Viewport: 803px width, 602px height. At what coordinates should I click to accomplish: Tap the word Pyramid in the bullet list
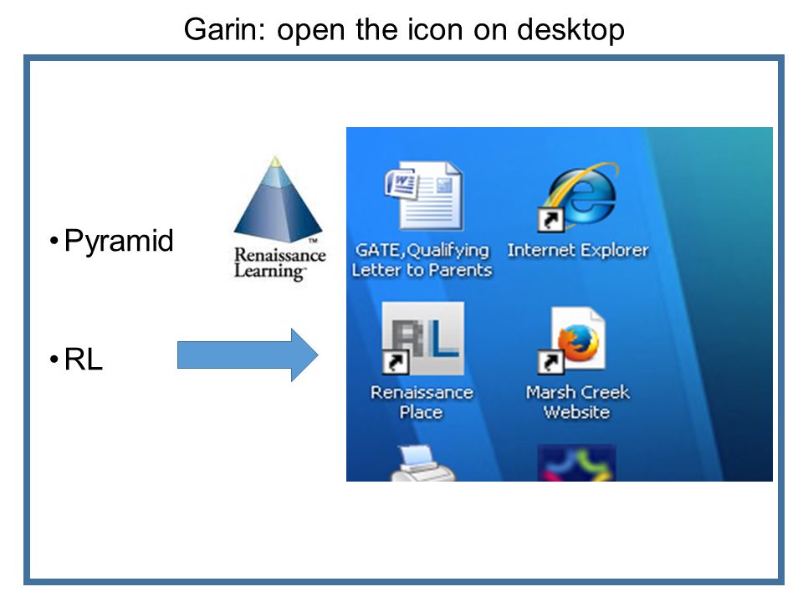[x=119, y=242]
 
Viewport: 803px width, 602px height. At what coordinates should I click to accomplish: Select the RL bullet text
[x=84, y=360]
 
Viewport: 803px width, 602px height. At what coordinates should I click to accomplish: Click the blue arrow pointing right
[x=248, y=355]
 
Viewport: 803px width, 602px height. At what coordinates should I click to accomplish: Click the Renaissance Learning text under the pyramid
[x=279, y=263]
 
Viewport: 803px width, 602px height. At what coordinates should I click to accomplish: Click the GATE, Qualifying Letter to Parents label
[x=422, y=260]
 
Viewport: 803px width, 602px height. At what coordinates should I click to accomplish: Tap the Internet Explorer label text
[x=578, y=250]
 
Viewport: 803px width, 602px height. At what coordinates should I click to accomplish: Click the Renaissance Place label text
[x=422, y=402]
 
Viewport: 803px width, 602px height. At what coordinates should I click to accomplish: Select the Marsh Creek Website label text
[x=577, y=402]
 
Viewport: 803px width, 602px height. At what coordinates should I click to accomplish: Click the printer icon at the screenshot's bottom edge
[x=422, y=464]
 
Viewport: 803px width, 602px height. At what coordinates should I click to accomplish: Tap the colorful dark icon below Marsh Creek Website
[x=576, y=463]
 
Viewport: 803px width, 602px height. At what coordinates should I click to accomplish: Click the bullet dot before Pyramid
[x=54, y=242]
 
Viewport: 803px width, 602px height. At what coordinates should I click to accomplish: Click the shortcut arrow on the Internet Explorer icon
[x=550, y=220]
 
